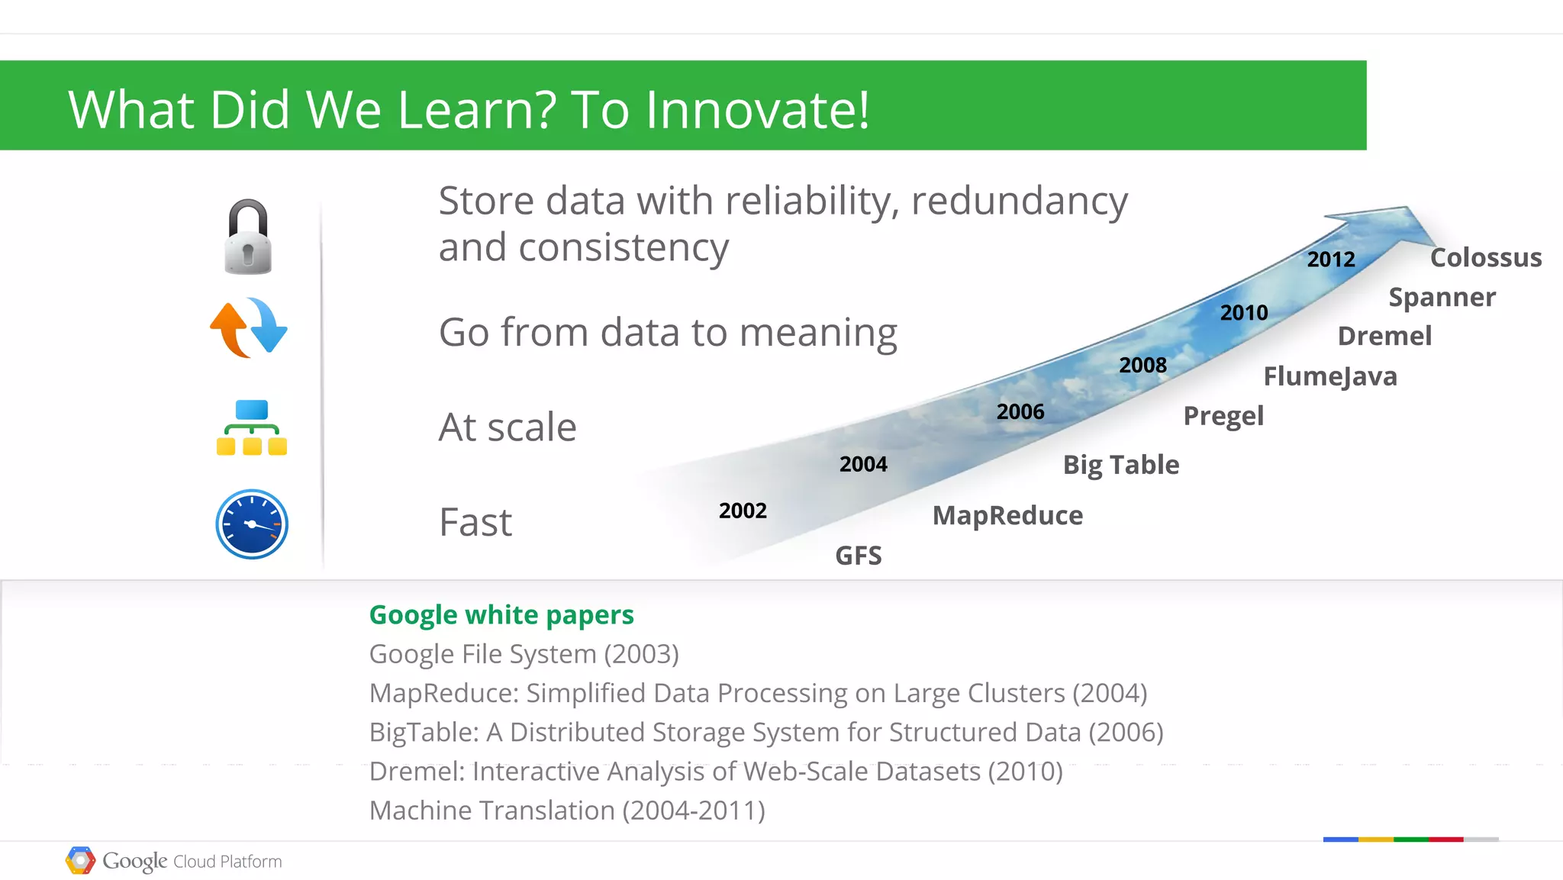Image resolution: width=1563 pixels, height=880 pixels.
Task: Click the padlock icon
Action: point(248,237)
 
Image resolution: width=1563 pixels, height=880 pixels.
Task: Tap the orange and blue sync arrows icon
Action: point(249,328)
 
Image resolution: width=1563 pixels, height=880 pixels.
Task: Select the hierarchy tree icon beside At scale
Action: point(251,427)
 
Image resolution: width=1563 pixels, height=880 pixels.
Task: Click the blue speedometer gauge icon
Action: point(252,524)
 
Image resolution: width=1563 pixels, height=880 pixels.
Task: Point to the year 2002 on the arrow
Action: point(743,511)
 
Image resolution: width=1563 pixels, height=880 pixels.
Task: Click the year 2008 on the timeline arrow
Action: point(1142,365)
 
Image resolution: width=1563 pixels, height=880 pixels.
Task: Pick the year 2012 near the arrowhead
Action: point(1331,259)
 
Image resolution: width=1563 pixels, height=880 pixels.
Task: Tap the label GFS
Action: point(859,556)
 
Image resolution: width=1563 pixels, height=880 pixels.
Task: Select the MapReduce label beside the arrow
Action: point(1007,516)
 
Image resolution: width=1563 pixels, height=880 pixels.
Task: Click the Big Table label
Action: point(1121,465)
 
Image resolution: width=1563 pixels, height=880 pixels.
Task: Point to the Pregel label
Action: point(1223,416)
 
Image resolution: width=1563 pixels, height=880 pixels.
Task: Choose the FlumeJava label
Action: point(1330,376)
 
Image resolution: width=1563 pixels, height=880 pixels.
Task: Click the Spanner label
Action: point(1442,297)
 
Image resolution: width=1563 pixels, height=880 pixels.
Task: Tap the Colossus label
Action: point(1485,258)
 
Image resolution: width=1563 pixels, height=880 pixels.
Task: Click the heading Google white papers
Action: point(501,615)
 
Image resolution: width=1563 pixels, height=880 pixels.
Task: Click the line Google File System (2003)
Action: point(524,654)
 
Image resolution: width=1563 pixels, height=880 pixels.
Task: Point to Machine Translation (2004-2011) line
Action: point(567,811)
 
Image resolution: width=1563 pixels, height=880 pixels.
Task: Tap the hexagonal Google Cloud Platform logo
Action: point(80,860)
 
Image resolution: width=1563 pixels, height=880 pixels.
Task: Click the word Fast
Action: point(475,523)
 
